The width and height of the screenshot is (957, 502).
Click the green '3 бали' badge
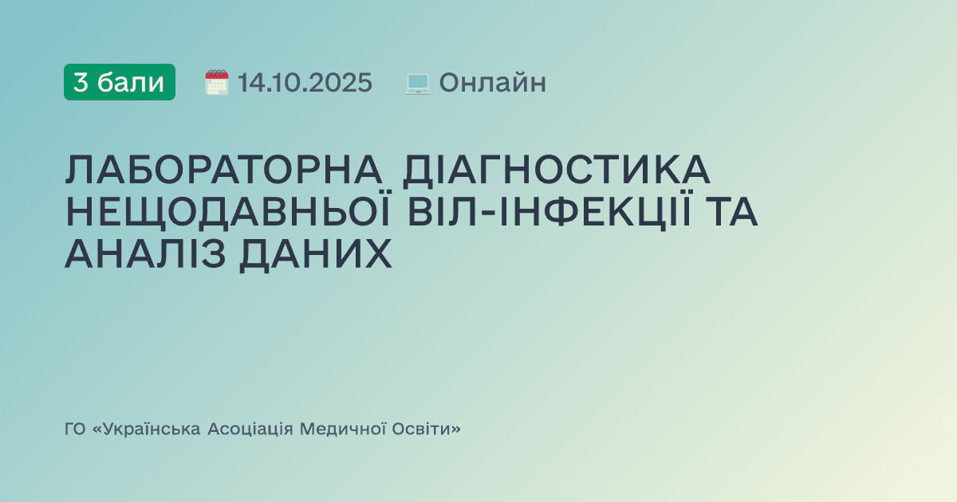coord(120,82)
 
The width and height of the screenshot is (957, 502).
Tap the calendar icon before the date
coord(217,82)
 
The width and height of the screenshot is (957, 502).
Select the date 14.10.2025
coord(305,82)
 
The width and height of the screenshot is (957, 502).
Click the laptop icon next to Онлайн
coord(418,83)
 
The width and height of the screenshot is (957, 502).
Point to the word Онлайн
coord(492,82)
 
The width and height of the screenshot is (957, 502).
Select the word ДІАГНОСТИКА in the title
coord(556,170)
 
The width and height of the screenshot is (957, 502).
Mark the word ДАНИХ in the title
coord(329,254)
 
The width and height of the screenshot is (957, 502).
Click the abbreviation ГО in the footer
coord(75,429)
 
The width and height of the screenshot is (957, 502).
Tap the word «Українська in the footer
coord(146,429)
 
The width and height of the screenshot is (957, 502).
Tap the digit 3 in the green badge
coord(81,82)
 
